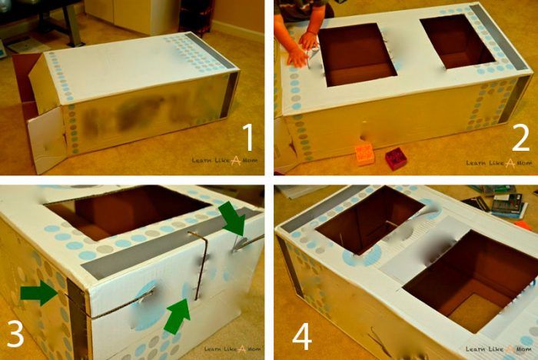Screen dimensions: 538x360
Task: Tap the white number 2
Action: click(x=521, y=138)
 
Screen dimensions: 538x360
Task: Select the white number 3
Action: click(x=15, y=333)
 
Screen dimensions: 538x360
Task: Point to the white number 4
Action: click(x=302, y=338)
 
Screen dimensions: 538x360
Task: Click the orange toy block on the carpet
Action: click(x=364, y=155)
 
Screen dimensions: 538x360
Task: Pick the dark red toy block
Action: click(x=396, y=158)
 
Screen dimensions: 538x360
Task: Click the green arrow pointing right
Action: click(x=38, y=292)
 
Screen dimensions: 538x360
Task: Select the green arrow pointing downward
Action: click(x=234, y=218)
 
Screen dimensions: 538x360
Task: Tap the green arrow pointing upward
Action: click(x=178, y=317)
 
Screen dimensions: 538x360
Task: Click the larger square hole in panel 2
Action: click(x=357, y=55)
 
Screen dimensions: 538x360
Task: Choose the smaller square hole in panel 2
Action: click(x=458, y=42)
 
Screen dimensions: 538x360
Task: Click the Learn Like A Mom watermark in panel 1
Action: click(x=224, y=161)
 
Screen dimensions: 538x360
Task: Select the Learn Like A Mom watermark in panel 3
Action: click(x=232, y=349)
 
